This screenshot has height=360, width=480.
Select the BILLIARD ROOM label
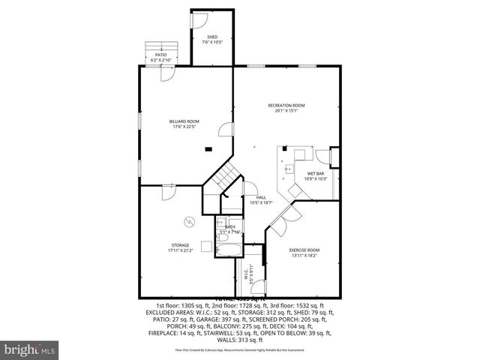click(x=183, y=121)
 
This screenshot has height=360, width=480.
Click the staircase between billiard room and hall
click(x=223, y=178)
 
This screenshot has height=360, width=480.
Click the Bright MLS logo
click(x=30, y=349)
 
